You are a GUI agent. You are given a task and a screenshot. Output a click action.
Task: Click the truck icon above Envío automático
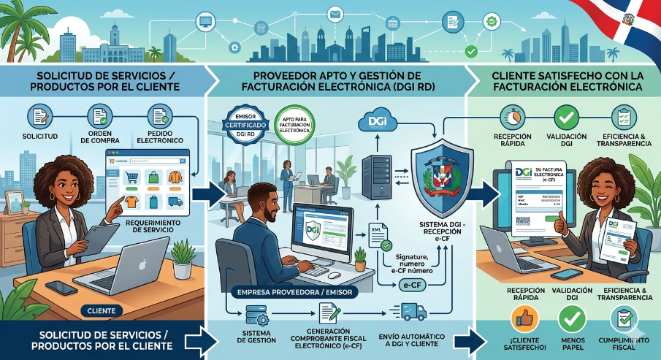point(415,312)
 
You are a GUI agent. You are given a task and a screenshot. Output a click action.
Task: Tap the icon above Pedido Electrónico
point(159,116)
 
